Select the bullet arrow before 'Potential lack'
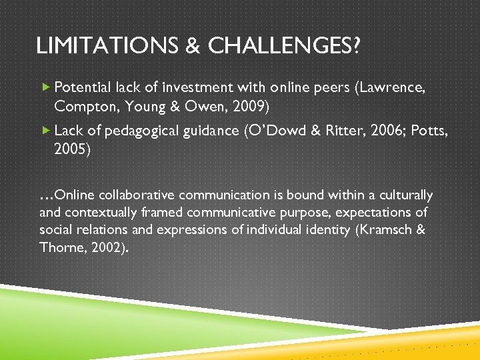(45, 87)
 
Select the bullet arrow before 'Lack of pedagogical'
(45, 131)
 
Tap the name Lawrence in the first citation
(392, 87)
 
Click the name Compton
(81, 105)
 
